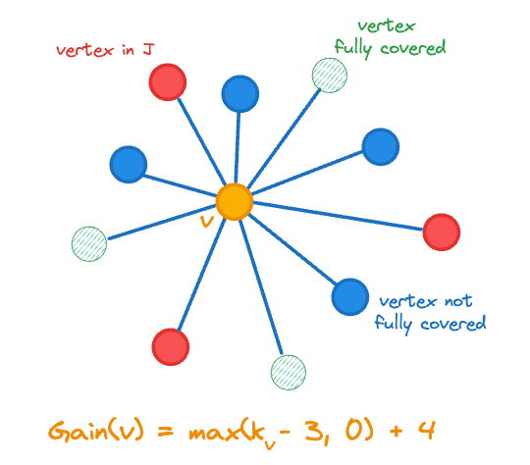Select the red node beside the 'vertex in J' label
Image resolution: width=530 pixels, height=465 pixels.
tap(168, 81)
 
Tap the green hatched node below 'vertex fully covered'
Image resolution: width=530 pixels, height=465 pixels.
tap(329, 75)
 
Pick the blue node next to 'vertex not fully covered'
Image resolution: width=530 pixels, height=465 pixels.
tap(349, 295)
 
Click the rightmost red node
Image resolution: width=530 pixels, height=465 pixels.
tap(442, 232)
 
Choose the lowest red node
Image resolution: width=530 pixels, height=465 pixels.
tap(170, 345)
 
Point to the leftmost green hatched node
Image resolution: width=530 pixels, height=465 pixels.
tap(89, 242)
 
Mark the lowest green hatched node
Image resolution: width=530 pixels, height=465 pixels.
tap(288, 372)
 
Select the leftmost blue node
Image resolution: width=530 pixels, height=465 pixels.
tap(128, 163)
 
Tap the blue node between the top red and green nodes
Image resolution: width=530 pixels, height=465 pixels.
tap(239, 94)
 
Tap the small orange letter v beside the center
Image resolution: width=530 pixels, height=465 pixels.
tap(205, 222)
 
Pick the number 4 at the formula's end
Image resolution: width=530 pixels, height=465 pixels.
tap(427, 429)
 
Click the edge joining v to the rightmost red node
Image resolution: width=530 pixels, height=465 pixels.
tap(339, 217)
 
